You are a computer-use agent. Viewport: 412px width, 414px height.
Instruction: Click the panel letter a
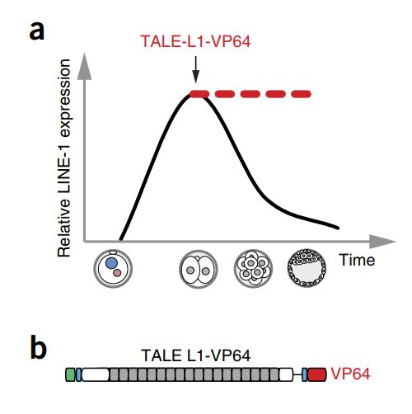pos(37,31)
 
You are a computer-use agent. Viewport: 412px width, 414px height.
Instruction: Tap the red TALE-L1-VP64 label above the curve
pos(195,41)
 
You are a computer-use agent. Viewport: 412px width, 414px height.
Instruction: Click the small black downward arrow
pos(195,69)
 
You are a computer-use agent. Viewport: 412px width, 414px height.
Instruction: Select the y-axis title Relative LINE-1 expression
pos(64,158)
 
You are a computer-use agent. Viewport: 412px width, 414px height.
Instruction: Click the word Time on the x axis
pos(357,260)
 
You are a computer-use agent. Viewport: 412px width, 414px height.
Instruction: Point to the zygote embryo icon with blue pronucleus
pos(113,268)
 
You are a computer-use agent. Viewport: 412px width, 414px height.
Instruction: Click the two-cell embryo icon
pos(199,269)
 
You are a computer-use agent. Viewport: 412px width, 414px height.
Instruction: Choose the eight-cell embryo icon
pos(253,268)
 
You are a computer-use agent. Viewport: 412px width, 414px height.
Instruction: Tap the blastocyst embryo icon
pos(307,268)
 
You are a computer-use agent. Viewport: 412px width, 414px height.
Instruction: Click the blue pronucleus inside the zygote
pos(111,263)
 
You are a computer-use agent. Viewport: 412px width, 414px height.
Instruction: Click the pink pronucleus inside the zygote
pos(117,273)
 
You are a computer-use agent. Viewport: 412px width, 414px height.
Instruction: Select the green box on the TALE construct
pos(70,375)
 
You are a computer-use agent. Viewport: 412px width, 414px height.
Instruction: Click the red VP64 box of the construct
pos(317,375)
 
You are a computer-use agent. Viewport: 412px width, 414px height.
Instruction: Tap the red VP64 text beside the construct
pos(350,374)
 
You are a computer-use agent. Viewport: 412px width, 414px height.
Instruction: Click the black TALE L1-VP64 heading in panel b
pos(195,355)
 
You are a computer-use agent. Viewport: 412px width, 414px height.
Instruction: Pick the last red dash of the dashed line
pos(301,94)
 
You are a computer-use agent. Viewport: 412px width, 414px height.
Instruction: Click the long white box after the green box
pos(96,375)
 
